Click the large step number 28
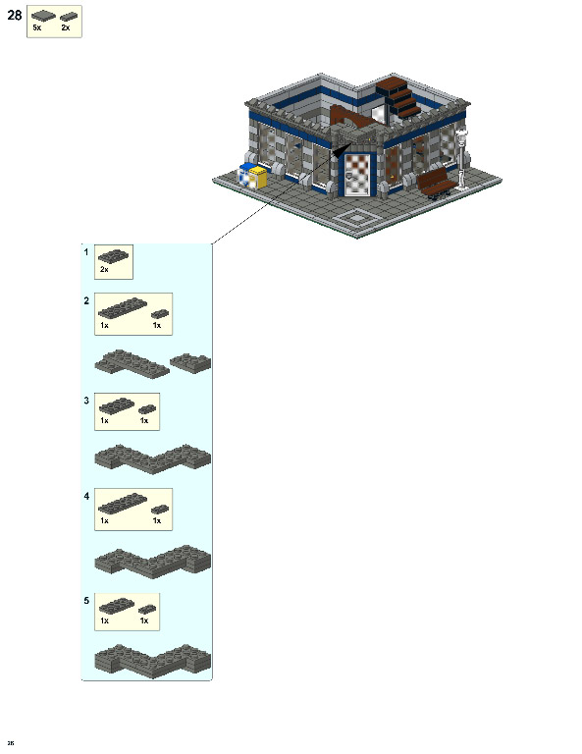14,16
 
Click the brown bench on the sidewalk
437,183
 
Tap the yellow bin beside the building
258,177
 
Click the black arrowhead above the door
341,152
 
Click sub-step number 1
86,251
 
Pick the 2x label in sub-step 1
104,269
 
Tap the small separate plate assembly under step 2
190,362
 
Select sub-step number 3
86,401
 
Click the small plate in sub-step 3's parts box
146,409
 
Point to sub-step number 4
86,496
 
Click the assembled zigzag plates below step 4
152,561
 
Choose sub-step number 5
86,600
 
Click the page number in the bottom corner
10,742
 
